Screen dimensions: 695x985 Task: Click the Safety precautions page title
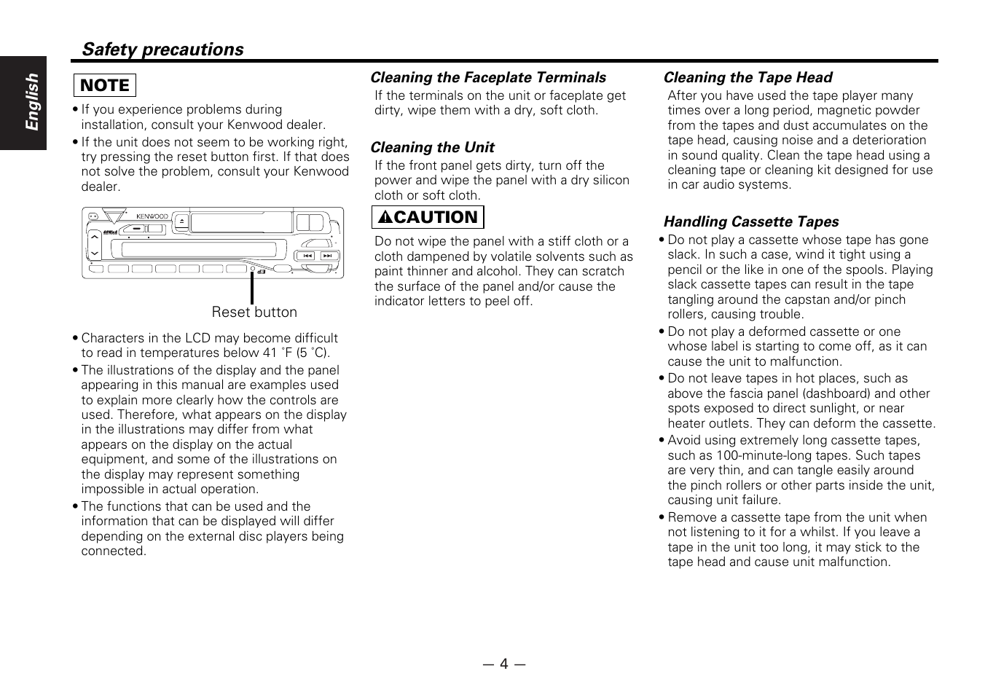162,50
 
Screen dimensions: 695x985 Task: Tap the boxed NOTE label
104,86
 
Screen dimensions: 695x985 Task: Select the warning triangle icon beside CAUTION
385,218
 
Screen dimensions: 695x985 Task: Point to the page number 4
503,664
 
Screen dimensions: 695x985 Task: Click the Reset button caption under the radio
254,313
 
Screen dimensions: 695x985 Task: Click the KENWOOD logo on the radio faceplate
152,216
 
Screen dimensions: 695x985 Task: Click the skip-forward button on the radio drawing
327,256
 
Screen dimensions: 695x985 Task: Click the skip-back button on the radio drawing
307,256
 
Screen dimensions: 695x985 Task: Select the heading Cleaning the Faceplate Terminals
487,78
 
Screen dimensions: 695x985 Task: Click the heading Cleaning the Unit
432,148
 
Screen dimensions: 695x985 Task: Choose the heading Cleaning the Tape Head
747,78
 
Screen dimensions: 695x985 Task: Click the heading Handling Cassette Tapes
750,222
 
